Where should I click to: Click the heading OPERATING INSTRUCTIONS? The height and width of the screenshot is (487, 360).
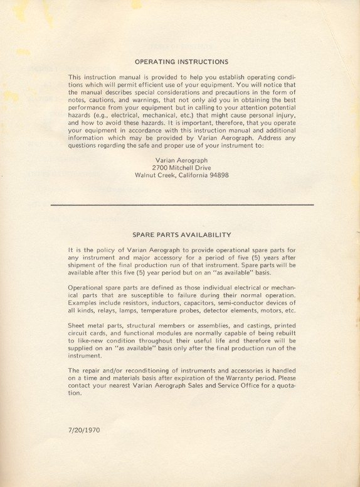pos(181,62)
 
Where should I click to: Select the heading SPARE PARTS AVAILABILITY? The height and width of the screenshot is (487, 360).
pos(182,234)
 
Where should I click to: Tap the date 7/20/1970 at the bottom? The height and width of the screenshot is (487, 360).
pos(84,431)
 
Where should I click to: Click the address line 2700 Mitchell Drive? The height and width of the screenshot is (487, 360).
pos(181,168)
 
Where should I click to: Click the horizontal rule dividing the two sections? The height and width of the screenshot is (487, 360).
pos(181,205)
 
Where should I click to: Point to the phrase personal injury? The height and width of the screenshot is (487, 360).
pos(266,117)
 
